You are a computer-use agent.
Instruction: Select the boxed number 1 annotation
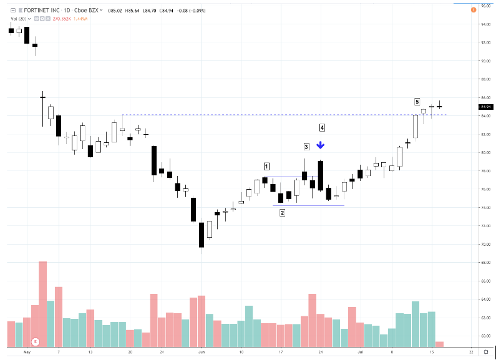pos(266,166)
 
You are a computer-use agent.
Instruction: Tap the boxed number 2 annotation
pos(282,213)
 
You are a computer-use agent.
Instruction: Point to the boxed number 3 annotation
pos(306,147)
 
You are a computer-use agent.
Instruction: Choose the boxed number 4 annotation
pos(322,128)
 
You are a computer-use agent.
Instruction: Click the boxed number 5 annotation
pos(417,101)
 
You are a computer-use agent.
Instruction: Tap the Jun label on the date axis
pos(201,353)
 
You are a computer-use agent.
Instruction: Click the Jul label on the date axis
pos(360,353)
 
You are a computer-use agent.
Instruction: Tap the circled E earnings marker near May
pos(36,342)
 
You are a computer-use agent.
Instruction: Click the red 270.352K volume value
pos(62,19)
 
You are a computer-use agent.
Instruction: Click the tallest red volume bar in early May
pos(42,304)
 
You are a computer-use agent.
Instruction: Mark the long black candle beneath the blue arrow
pos(320,175)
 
